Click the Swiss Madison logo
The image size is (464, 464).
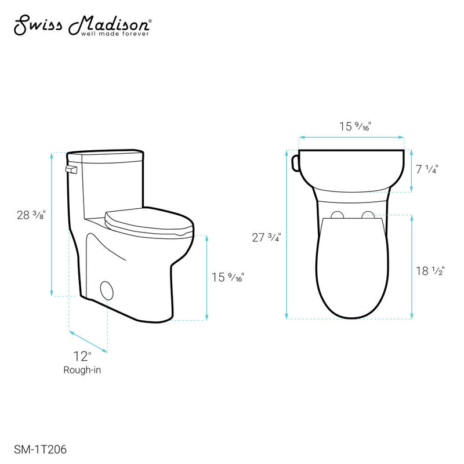point(82,24)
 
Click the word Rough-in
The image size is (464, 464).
point(82,369)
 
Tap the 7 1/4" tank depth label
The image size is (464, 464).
point(427,169)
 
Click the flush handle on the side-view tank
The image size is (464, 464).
point(71,169)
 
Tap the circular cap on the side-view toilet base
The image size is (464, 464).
point(107,288)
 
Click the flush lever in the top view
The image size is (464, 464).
point(294,164)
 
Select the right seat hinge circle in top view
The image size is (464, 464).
point(368,216)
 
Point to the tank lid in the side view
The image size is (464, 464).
point(106,155)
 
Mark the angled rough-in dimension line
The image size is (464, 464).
point(88,341)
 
